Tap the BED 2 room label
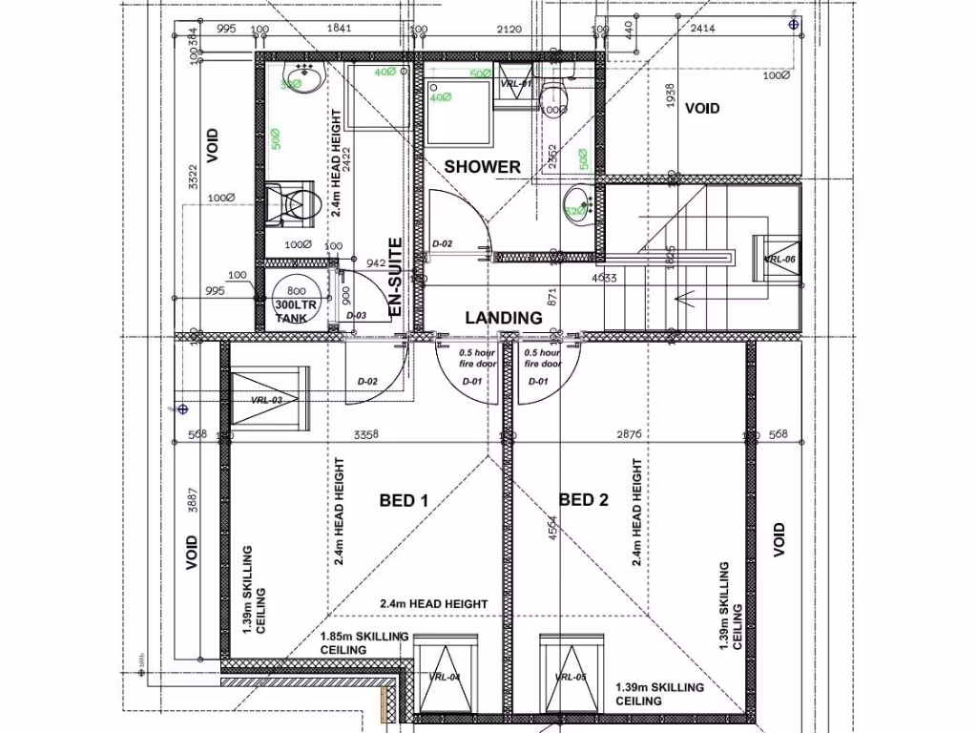[x=583, y=499]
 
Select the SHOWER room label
[x=482, y=167]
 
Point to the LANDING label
[x=503, y=318]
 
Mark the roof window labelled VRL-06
[x=780, y=259]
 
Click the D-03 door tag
[x=356, y=316]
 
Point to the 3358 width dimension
[x=365, y=434]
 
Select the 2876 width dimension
[x=630, y=434]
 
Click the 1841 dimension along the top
[x=340, y=30]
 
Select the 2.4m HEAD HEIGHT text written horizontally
[x=433, y=604]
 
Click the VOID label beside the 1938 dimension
[x=702, y=109]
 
